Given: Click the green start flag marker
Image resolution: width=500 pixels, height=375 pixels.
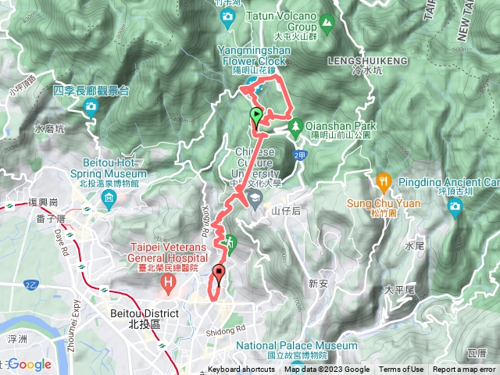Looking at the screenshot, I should point(255,118).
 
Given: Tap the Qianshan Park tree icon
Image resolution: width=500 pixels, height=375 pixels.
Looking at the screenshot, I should point(295,125).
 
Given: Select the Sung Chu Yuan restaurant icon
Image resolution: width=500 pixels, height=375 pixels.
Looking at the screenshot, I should point(383,181).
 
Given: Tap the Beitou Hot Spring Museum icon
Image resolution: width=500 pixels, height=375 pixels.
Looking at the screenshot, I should point(106,193).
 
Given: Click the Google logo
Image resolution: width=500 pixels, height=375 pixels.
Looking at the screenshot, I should point(30,364).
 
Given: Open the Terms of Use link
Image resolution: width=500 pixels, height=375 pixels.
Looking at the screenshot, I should point(402,370).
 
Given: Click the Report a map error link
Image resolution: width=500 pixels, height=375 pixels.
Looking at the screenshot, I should point(464,370).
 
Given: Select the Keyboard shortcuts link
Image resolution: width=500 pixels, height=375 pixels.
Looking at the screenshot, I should point(241,370).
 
